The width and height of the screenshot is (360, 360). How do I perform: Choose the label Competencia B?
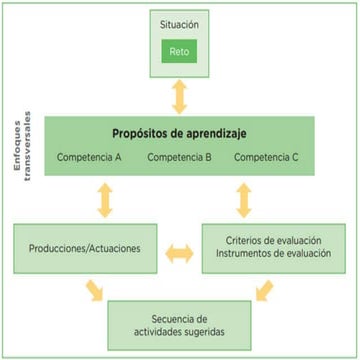tap(181, 158)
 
